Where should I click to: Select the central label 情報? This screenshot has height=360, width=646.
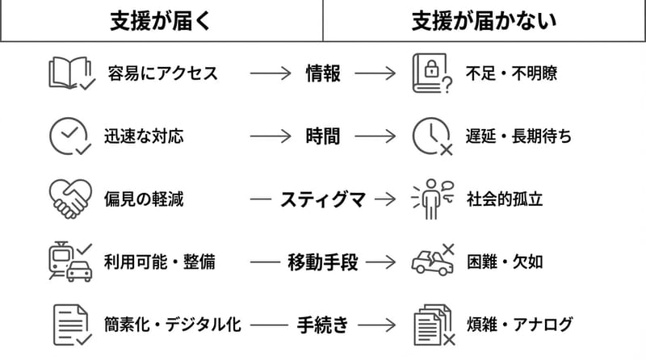323,73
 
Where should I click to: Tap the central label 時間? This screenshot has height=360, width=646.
323,136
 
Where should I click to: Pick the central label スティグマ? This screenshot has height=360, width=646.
323,199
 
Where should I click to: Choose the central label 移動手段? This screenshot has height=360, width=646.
323,262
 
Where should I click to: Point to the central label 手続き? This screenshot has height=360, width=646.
323,324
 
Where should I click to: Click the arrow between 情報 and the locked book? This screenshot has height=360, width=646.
375,73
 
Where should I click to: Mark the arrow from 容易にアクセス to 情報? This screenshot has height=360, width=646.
271,73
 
